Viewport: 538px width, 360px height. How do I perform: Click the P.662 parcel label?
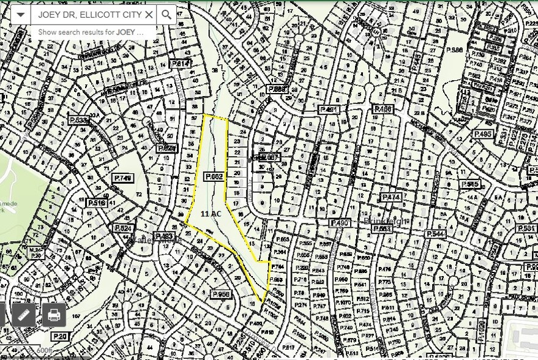[214, 176]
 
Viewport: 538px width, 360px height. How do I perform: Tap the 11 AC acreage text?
[211, 213]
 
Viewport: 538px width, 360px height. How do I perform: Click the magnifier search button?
[166, 14]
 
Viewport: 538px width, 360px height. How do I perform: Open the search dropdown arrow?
[21, 14]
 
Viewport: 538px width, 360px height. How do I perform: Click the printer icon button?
[54, 315]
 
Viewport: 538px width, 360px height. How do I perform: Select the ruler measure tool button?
[23, 315]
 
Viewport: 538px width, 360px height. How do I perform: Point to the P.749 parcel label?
[123, 178]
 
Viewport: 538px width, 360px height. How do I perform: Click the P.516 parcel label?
[97, 203]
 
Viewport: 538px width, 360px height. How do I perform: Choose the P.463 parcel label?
[165, 236]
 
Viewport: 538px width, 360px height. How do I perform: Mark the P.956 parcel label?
[221, 294]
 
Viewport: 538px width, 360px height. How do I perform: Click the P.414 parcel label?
[181, 64]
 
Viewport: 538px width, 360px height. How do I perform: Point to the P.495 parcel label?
[482, 134]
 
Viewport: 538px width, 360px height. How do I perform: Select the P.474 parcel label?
[390, 198]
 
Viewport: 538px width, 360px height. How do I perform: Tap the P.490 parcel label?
[340, 222]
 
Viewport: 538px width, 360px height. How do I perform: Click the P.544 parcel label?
[435, 234]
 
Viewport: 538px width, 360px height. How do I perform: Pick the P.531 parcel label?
[526, 228]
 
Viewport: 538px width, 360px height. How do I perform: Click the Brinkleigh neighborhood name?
[383, 222]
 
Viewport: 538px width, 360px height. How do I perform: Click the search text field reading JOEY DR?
[89, 14]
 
